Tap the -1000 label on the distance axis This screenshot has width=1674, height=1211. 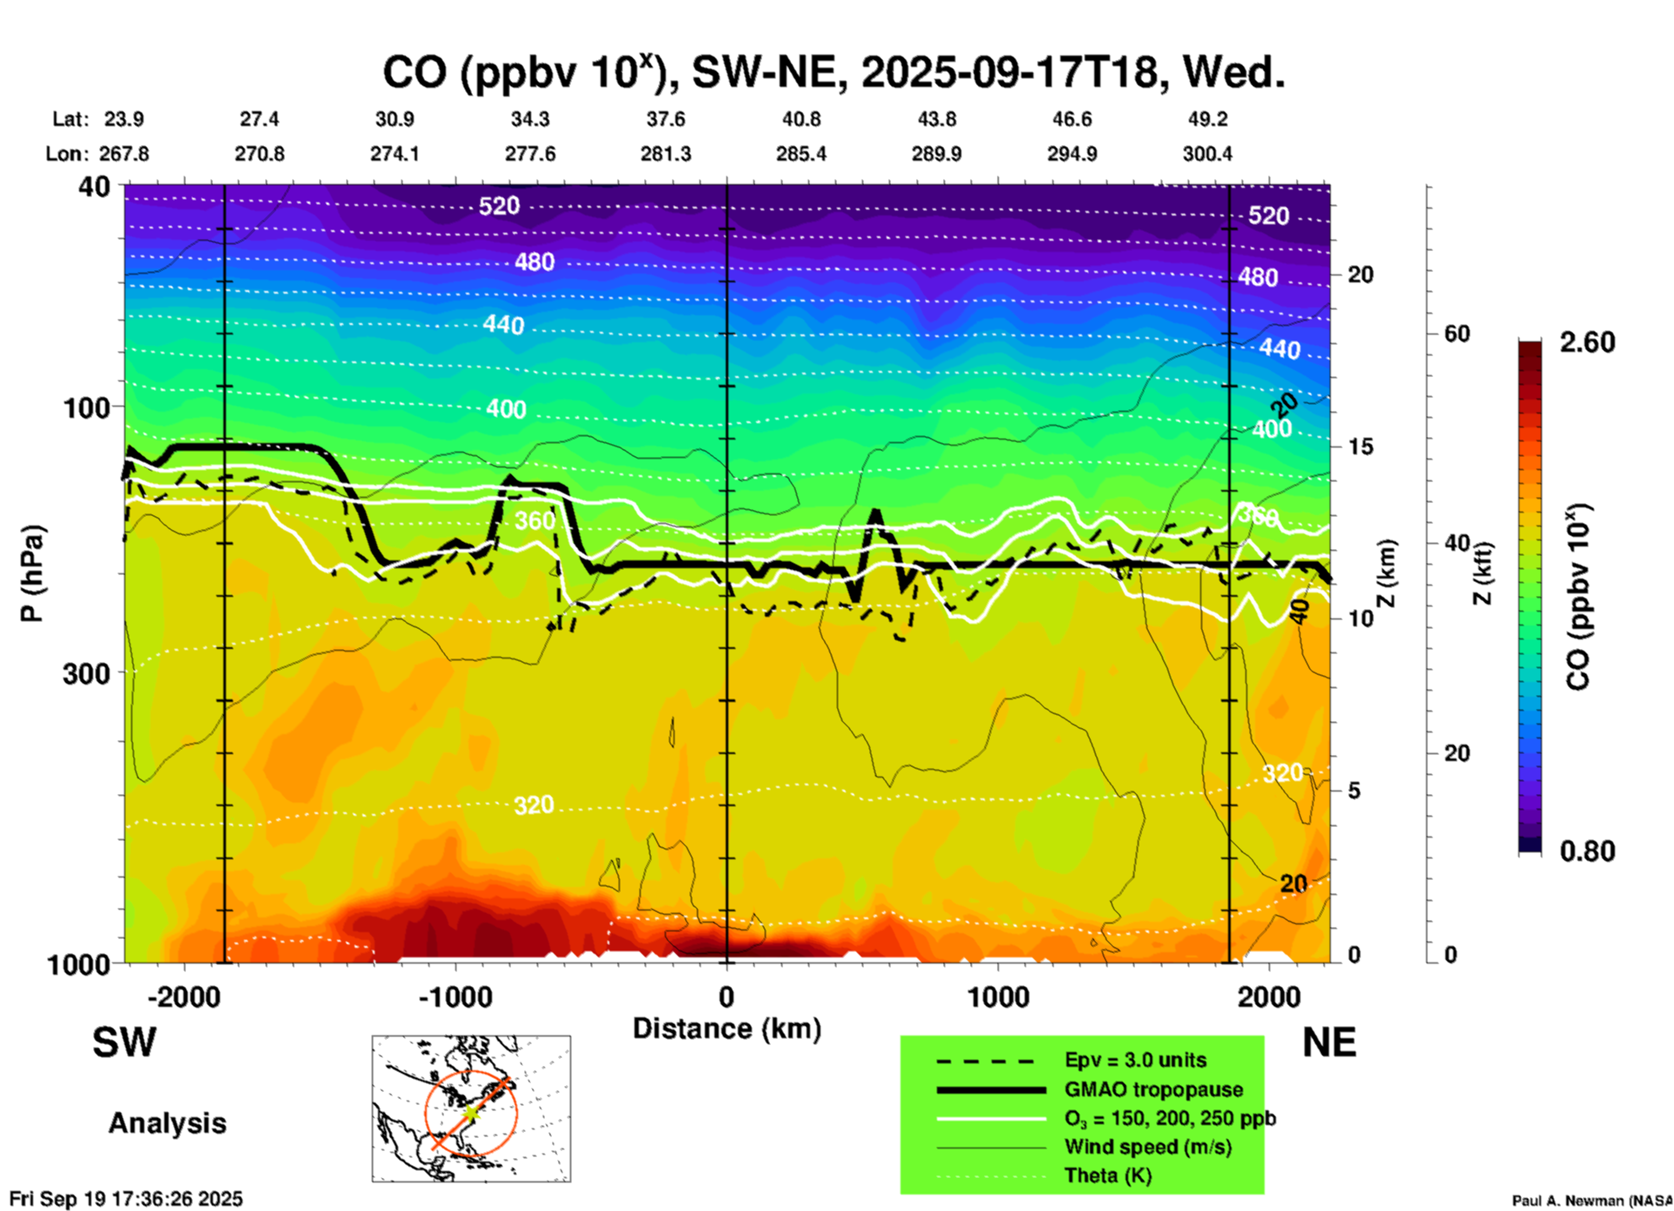pos(455,997)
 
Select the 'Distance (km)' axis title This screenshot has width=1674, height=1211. pos(727,1029)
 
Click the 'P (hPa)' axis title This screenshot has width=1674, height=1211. pos(32,573)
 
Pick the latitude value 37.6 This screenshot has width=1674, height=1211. pos(666,119)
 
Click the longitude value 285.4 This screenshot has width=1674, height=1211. pos(800,154)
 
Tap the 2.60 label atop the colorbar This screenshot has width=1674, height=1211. pos(1587,342)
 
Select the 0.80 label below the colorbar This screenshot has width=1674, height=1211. pos(1587,850)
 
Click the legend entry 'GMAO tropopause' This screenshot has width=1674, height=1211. pos(1153,1089)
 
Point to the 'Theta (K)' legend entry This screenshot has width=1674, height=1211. pos(1107,1175)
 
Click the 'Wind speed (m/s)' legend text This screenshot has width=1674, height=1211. pos(1147,1147)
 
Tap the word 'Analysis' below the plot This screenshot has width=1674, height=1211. pos(167,1123)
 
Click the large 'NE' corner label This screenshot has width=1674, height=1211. pos(1329,1042)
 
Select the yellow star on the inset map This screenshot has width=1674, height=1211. pos(470,1112)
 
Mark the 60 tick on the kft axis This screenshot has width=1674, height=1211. pos(1457,334)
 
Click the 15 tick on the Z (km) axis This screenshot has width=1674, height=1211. pos(1360,447)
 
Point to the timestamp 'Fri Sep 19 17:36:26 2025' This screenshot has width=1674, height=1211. pos(126,1199)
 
